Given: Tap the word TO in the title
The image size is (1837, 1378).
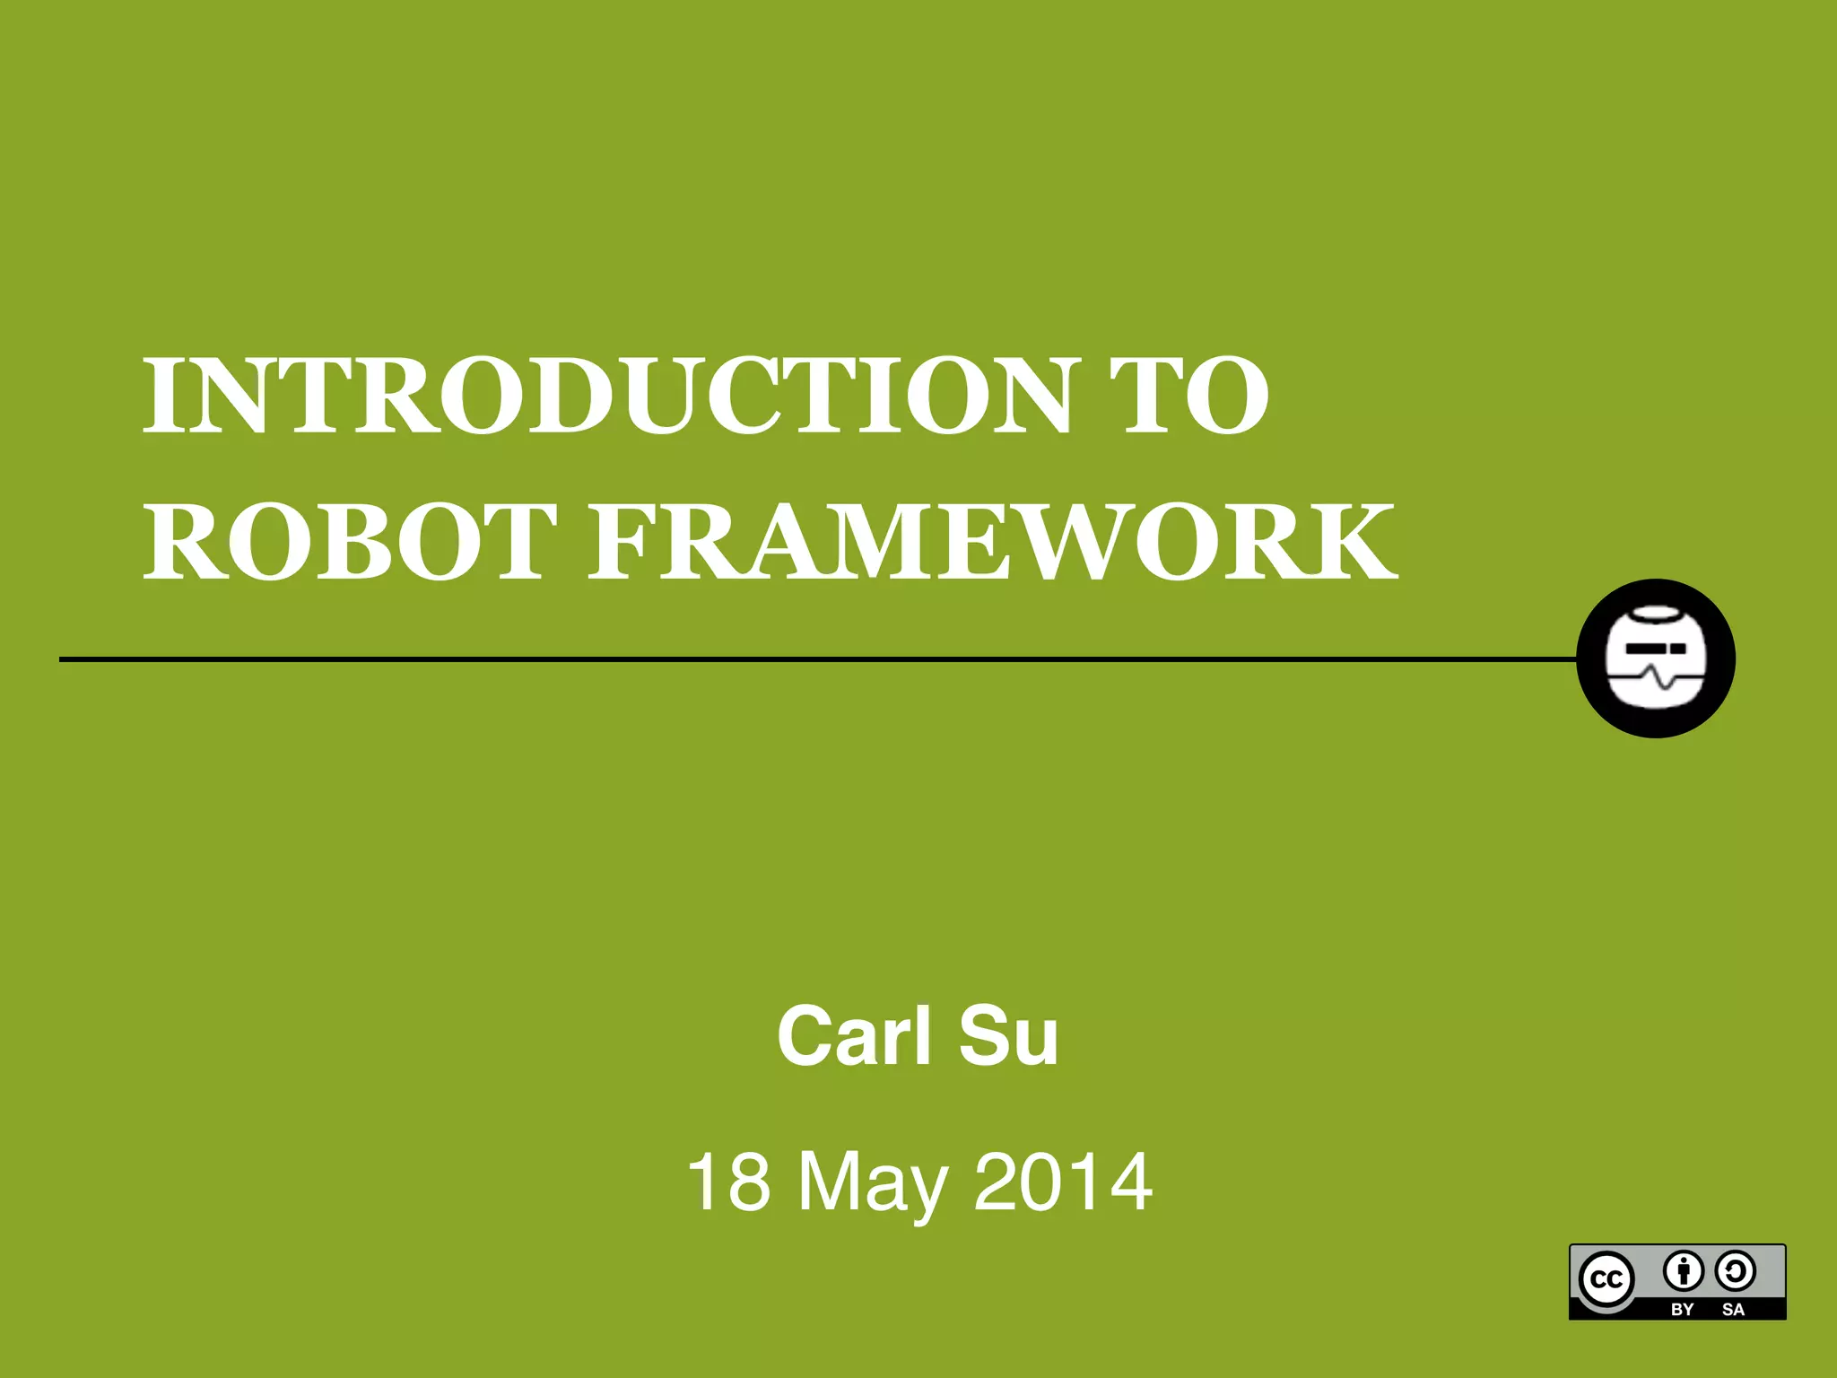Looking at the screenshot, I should tap(1189, 396).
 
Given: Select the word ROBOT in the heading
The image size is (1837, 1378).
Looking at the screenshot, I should tap(351, 542).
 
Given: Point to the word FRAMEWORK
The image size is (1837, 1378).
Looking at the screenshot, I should tap(993, 542).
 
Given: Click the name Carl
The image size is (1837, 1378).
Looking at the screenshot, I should tap(854, 1036).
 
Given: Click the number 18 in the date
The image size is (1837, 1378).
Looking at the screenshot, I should tap(728, 1182).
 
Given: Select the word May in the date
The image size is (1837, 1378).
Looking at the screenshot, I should tap(872, 1184).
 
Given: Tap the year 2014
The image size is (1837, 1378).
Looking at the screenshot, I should tap(1063, 1182).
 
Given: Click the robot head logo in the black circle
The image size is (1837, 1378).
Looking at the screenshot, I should tap(1656, 658).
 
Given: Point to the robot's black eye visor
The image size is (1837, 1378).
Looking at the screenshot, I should tap(1656, 648).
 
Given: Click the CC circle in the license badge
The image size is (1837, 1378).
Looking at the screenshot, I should tap(1606, 1279).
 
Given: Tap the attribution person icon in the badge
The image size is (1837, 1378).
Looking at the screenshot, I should tap(1683, 1270).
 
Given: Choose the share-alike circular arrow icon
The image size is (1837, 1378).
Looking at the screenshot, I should tap(1735, 1270).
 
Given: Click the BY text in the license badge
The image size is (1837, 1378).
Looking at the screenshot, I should tap(1682, 1309).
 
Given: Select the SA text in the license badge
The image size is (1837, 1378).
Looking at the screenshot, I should tap(1733, 1309).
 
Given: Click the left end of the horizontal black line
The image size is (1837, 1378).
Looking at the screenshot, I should tap(63, 659).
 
